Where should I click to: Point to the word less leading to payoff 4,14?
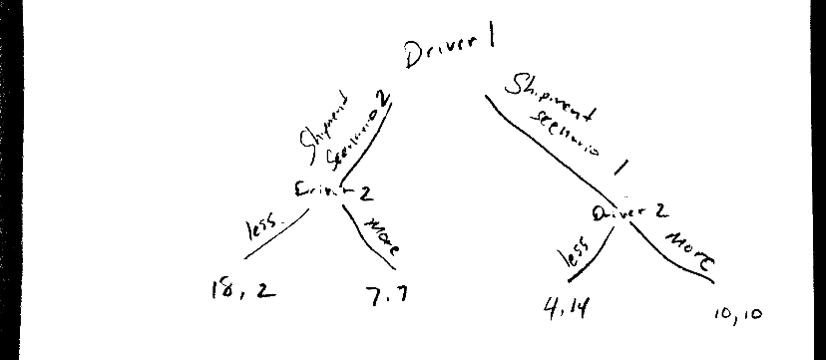(x=575, y=255)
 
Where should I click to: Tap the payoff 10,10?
(x=738, y=315)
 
